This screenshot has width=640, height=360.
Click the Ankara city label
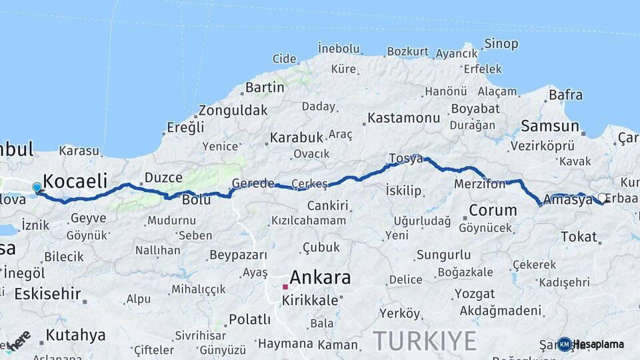click(x=320, y=277)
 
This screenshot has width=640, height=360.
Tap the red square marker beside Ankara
click(x=285, y=287)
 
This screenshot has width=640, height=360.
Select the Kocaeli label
click(x=75, y=181)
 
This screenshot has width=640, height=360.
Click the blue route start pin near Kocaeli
click(x=37, y=187)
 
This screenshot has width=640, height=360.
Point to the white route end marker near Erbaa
click(x=602, y=198)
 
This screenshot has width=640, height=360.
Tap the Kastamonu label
click(x=403, y=119)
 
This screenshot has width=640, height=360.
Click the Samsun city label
click(x=550, y=125)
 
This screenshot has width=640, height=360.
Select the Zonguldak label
click(x=233, y=110)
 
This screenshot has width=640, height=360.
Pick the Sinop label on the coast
click(x=501, y=44)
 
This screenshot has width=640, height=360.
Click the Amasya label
click(x=568, y=199)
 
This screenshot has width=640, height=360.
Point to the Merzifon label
click(x=480, y=184)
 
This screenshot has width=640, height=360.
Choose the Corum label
click(x=493, y=211)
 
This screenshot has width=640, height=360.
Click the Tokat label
click(x=579, y=237)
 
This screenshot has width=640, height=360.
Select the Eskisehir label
click(x=47, y=293)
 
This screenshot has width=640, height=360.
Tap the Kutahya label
click(x=76, y=335)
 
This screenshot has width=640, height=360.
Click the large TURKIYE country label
click(x=425, y=341)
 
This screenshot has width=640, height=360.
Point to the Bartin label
click(x=265, y=87)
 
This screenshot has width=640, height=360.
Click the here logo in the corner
click(x=18, y=339)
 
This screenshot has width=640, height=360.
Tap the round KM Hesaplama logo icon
click(x=565, y=344)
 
